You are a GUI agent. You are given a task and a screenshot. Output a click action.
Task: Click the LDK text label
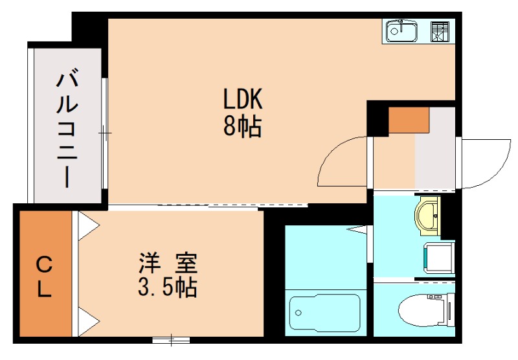click(x=242, y=100)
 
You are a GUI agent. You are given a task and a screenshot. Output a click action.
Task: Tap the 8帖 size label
click(x=242, y=126)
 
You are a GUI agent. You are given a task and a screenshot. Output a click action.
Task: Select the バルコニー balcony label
click(x=66, y=129)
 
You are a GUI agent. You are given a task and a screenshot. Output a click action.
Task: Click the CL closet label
click(x=43, y=276)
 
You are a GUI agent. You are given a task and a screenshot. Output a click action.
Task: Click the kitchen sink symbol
click(x=402, y=30)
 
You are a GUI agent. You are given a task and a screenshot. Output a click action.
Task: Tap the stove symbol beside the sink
click(x=440, y=31)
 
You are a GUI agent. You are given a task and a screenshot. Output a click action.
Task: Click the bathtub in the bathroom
click(x=324, y=314)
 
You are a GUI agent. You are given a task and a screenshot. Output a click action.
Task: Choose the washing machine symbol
click(x=438, y=254)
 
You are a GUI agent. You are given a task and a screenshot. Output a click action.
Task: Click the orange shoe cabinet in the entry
click(x=409, y=120)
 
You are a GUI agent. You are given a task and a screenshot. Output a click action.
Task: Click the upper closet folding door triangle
click(x=88, y=223)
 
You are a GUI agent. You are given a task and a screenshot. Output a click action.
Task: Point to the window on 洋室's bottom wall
click(x=172, y=339)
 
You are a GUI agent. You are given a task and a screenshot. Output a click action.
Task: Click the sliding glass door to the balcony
click(x=104, y=133)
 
